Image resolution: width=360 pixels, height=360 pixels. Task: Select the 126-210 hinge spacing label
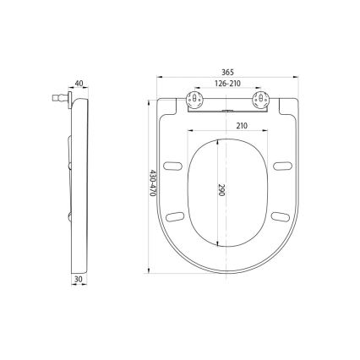point(226,85)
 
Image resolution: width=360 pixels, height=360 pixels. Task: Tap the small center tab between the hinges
point(226,109)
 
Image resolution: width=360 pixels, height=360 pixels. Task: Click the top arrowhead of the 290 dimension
point(219,140)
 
